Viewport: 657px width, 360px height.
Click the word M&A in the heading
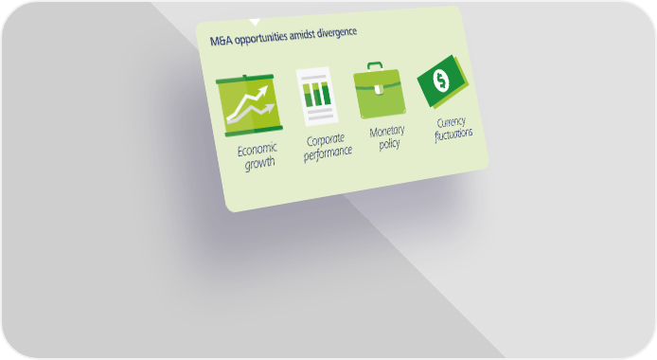(222, 41)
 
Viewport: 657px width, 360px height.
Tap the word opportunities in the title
(261, 38)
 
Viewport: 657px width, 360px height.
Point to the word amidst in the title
(302, 35)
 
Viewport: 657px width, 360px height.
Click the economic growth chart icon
(249, 105)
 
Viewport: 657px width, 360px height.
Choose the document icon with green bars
(317, 97)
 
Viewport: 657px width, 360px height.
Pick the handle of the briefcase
(375, 65)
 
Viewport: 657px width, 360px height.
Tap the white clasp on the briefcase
(378, 88)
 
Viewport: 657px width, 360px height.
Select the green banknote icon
(443, 81)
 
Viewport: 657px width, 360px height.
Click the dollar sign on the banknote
(441, 80)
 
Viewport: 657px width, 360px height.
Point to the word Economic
(257, 150)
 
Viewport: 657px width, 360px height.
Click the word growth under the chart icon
(260, 163)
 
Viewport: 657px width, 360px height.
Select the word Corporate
(326, 140)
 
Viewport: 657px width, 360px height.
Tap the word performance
(328, 153)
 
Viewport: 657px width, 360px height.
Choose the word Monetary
(387, 131)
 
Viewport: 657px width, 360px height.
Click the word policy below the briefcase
(390, 144)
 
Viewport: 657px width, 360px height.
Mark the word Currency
(452, 123)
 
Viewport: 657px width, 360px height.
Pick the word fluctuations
(453, 135)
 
